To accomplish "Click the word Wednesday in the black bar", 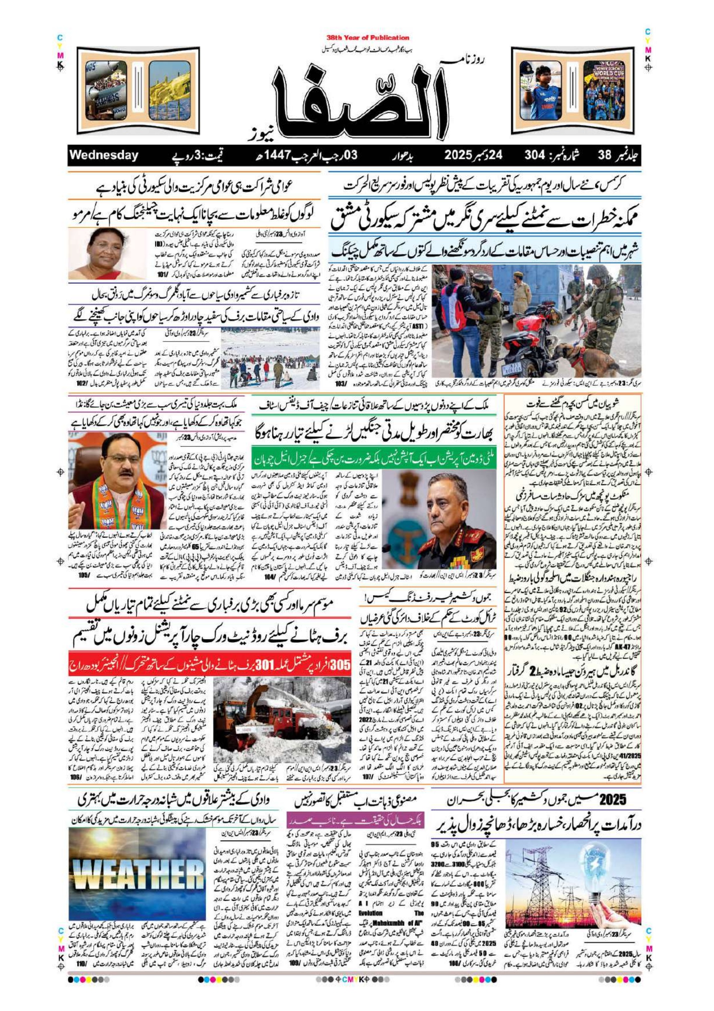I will (x=104, y=155).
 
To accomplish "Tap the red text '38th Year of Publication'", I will (x=368, y=38).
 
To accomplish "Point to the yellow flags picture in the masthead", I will (x=170, y=90).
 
